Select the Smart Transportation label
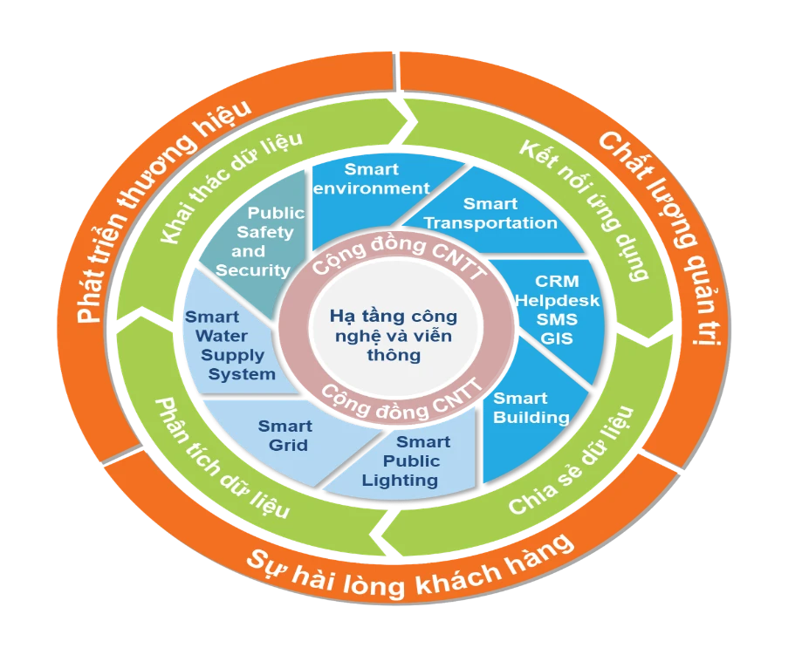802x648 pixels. click(490, 213)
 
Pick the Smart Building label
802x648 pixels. click(531, 407)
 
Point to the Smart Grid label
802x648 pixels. click(284, 435)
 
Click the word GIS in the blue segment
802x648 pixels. click(556, 338)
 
